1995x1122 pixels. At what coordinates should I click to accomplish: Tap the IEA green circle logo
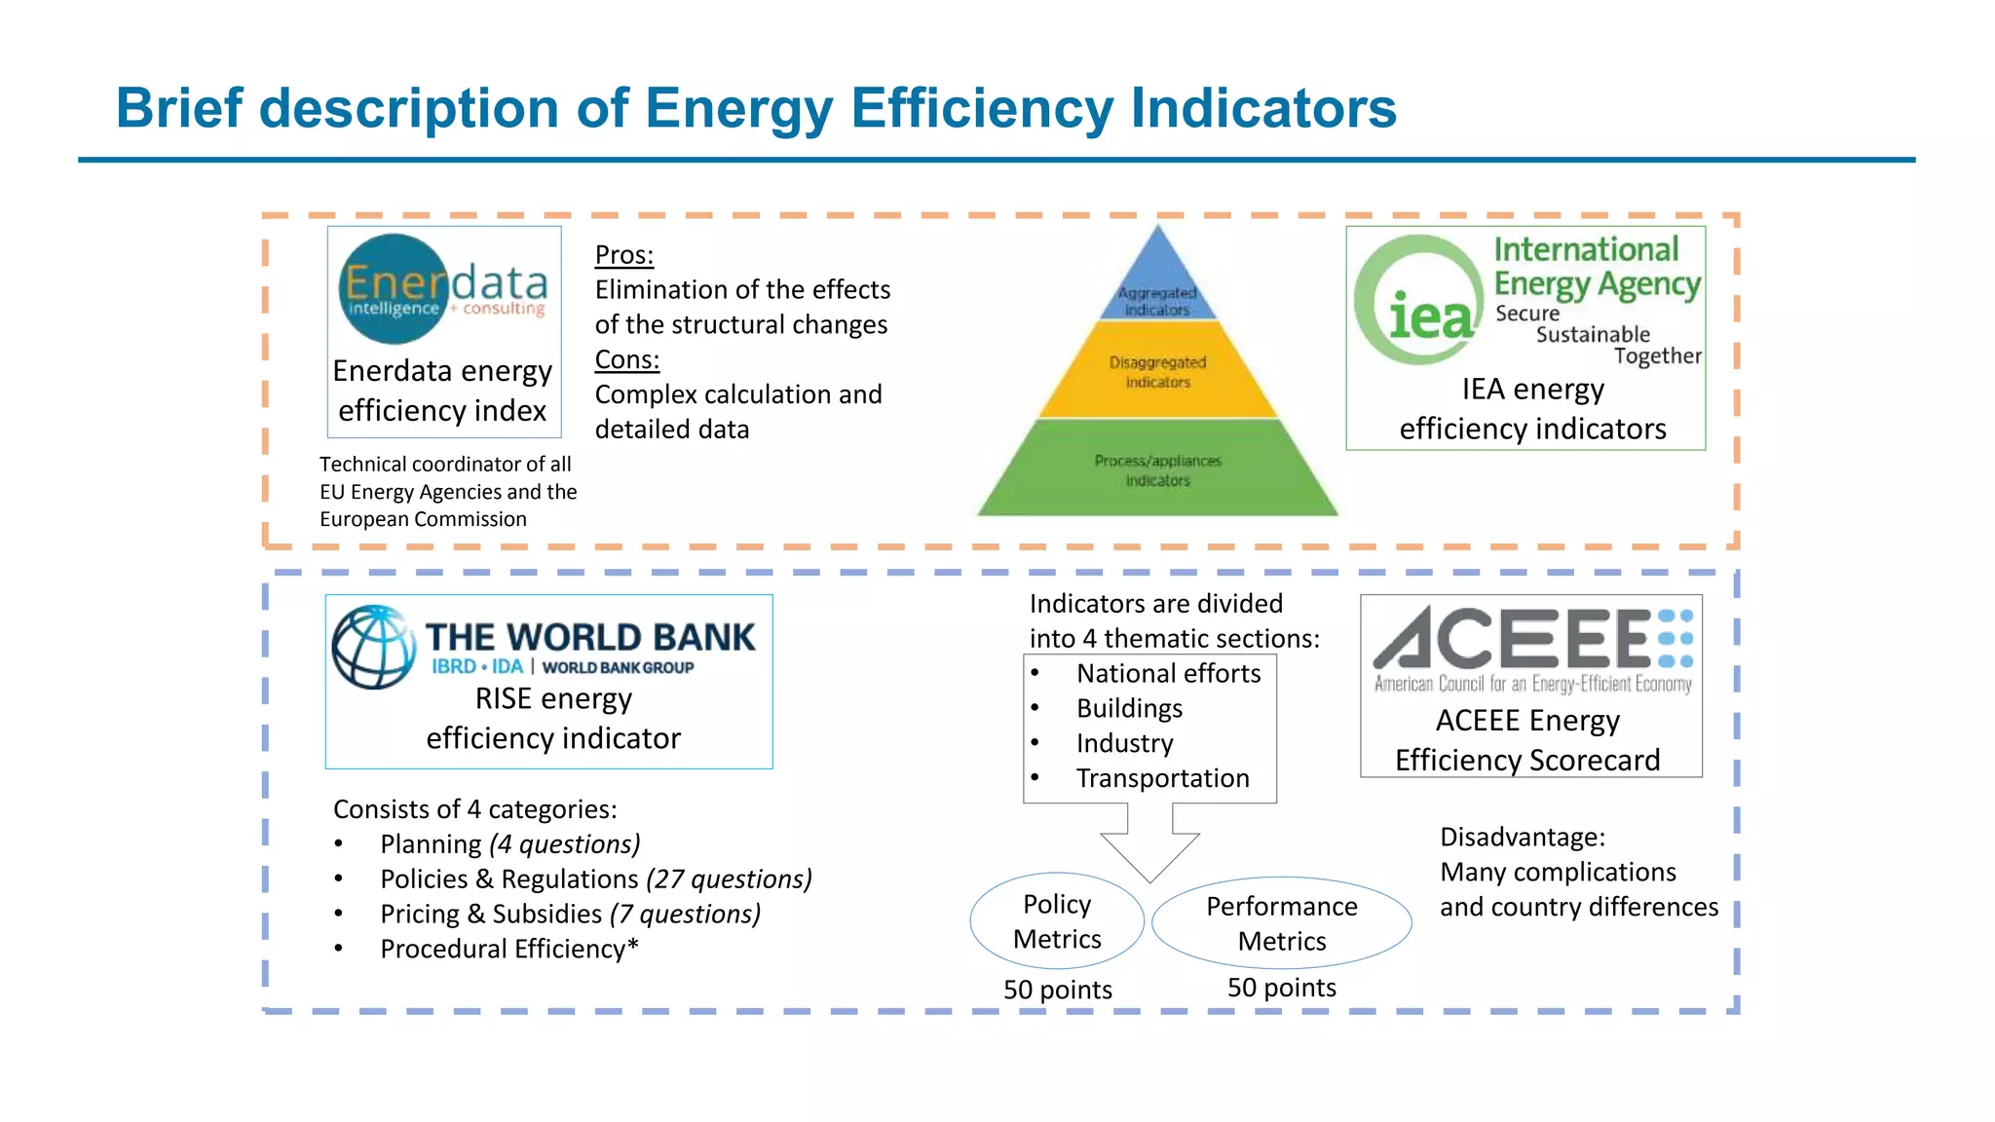(x=1420, y=300)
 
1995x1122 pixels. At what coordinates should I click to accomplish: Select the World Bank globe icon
(x=374, y=647)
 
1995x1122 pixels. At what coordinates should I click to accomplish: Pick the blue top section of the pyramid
(x=1157, y=282)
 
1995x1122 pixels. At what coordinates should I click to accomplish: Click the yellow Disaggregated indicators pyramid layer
(x=1157, y=371)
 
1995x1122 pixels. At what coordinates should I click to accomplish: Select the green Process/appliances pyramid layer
(x=1157, y=469)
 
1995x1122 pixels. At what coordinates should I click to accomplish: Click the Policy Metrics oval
(x=1057, y=920)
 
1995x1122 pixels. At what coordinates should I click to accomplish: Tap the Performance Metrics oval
(x=1281, y=922)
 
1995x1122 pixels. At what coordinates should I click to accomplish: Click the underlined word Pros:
(x=624, y=255)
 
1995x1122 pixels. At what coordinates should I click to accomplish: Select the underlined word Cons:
(x=627, y=359)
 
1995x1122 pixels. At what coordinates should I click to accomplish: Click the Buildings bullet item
(x=1129, y=708)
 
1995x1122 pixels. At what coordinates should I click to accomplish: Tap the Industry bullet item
(x=1124, y=743)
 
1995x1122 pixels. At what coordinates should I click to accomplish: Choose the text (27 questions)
(x=729, y=879)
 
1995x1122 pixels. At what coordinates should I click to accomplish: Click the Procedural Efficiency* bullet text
(x=508, y=949)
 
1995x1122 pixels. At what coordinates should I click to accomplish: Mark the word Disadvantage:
(x=1522, y=837)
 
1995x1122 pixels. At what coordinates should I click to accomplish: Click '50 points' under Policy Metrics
(x=1057, y=990)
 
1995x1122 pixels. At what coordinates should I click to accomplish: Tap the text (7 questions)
(x=685, y=914)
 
